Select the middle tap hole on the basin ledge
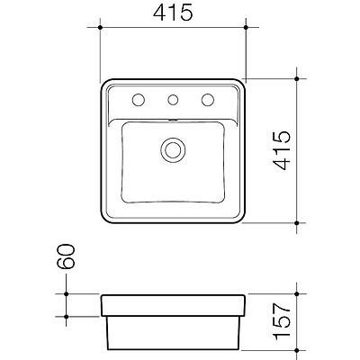173,98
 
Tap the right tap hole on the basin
208,98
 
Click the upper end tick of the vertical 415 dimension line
297,78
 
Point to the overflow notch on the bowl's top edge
172,118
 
